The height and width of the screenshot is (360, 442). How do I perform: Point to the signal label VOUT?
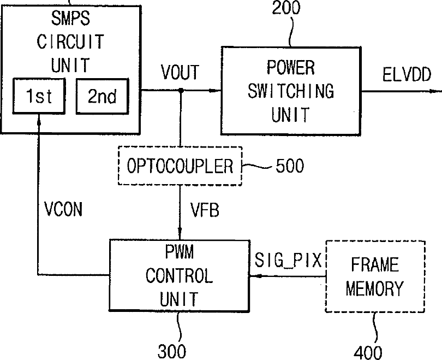[180, 72]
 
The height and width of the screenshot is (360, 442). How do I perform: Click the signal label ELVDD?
[407, 74]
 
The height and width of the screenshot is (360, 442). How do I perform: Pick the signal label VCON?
[63, 209]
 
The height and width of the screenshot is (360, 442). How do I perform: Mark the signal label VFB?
[205, 210]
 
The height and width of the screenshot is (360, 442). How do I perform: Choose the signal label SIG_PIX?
[288, 260]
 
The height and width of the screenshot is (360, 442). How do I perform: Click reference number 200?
[286, 8]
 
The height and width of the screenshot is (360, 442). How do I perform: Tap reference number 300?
[172, 352]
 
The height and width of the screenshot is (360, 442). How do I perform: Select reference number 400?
[368, 353]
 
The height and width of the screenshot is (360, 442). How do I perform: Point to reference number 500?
[290, 166]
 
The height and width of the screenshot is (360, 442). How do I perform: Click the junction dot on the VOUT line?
[181, 90]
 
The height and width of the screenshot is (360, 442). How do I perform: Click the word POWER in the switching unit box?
[291, 67]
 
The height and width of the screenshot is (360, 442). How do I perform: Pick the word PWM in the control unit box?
[180, 252]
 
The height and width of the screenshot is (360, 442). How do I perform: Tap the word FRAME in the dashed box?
[375, 264]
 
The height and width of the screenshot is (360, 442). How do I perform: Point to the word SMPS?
[70, 18]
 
